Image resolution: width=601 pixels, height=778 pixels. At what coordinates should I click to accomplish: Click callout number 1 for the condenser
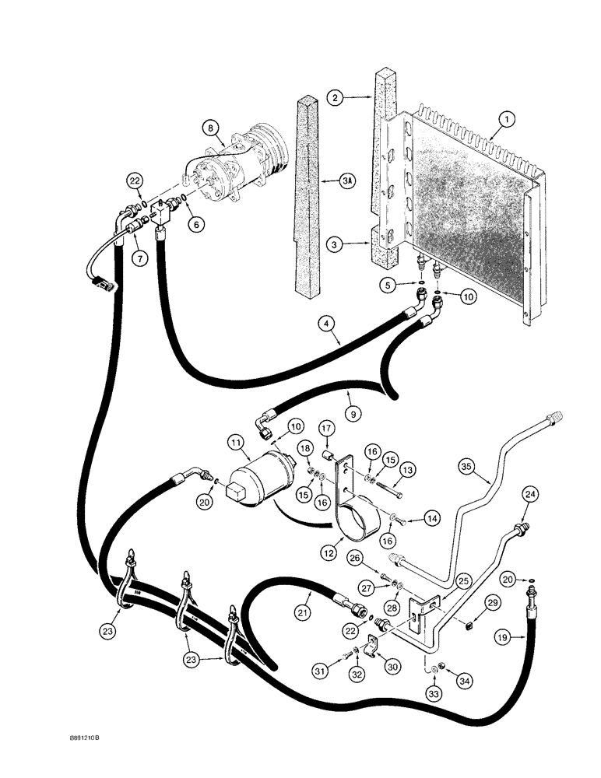coord(507,119)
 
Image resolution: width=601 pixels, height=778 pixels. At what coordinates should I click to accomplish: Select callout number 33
coord(434,690)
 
